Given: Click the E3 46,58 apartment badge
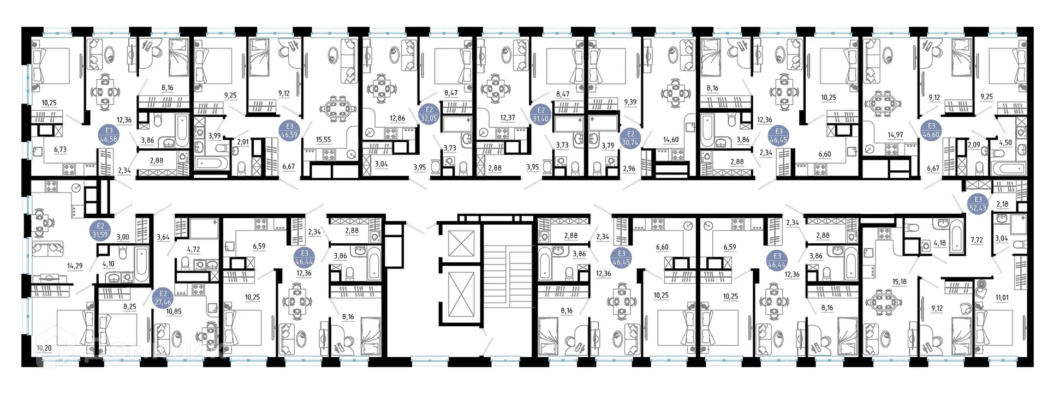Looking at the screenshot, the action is pyautogui.click(x=109, y=135).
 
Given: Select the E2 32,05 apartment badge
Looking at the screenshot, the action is pyautogui.click(x=429, y=113).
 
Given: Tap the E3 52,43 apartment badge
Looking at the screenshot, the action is pyautogui.click(x=978, y=203).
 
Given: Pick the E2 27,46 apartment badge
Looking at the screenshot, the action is pyautogui.click(x=163, y=298).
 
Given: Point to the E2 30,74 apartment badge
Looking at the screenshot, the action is pyautogui.click(x=630, y=138).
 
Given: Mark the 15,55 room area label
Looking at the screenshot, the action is pyautogui.click(x=324, y=140).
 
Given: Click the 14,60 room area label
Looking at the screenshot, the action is pyautogui.click(x=671, y=140).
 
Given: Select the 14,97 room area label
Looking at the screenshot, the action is pyautogui.click(x=895, y=135).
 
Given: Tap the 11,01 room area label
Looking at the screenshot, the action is pyautogui.click(x=1002, y=298).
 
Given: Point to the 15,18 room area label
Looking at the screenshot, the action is pyautogui.click(x=900, y=282).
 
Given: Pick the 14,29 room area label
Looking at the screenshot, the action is pyautogui.click(x=75, y=266).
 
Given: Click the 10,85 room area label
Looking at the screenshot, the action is pyautogui.click(x=174, y=311).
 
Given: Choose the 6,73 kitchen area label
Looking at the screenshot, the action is pyautogui.click(x=61, y=149).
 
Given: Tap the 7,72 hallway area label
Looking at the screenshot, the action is pyautogui.click(x=976, y=240).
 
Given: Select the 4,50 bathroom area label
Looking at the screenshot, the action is pyautogui.click(x=1005, y=143).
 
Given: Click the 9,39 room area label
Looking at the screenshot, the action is pyautogui.click(x=630, y=102).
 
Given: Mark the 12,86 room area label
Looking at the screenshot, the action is pyautogui.click(x=397, y=118).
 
